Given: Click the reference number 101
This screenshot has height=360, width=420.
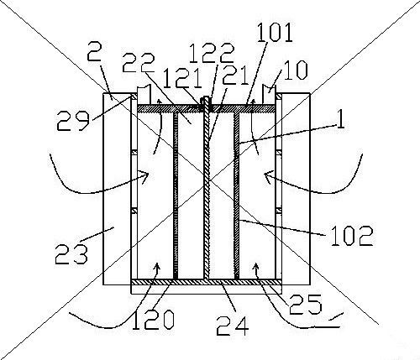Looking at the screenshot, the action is tap(276, 33).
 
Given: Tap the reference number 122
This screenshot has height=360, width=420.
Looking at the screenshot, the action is tap(212, 53).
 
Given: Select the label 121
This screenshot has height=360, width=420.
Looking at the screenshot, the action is tap(182, 78).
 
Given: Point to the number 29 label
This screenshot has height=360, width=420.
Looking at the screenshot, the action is tap(73, 121).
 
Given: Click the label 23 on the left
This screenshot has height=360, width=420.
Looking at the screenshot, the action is tap(71, 254).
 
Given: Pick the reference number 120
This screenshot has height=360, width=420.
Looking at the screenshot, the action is tap(153, 320).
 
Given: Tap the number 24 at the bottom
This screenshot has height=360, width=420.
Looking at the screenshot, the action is tap(233, 326).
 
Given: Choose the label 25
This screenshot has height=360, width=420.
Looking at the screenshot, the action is tap(306, 304).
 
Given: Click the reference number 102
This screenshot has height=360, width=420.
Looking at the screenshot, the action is tap(352, 236).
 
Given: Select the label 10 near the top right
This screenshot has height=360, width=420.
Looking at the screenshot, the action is tap(297, 70).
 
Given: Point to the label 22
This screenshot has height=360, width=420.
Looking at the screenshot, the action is tap(139, 63).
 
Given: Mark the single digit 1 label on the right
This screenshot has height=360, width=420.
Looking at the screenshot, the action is tap(340, 117).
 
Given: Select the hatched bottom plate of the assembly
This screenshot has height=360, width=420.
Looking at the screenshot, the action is tap(206, 283).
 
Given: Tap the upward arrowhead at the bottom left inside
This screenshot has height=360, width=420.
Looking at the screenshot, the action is tap(157, 267).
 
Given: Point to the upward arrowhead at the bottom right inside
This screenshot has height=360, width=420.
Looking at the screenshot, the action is tap(255, 267).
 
